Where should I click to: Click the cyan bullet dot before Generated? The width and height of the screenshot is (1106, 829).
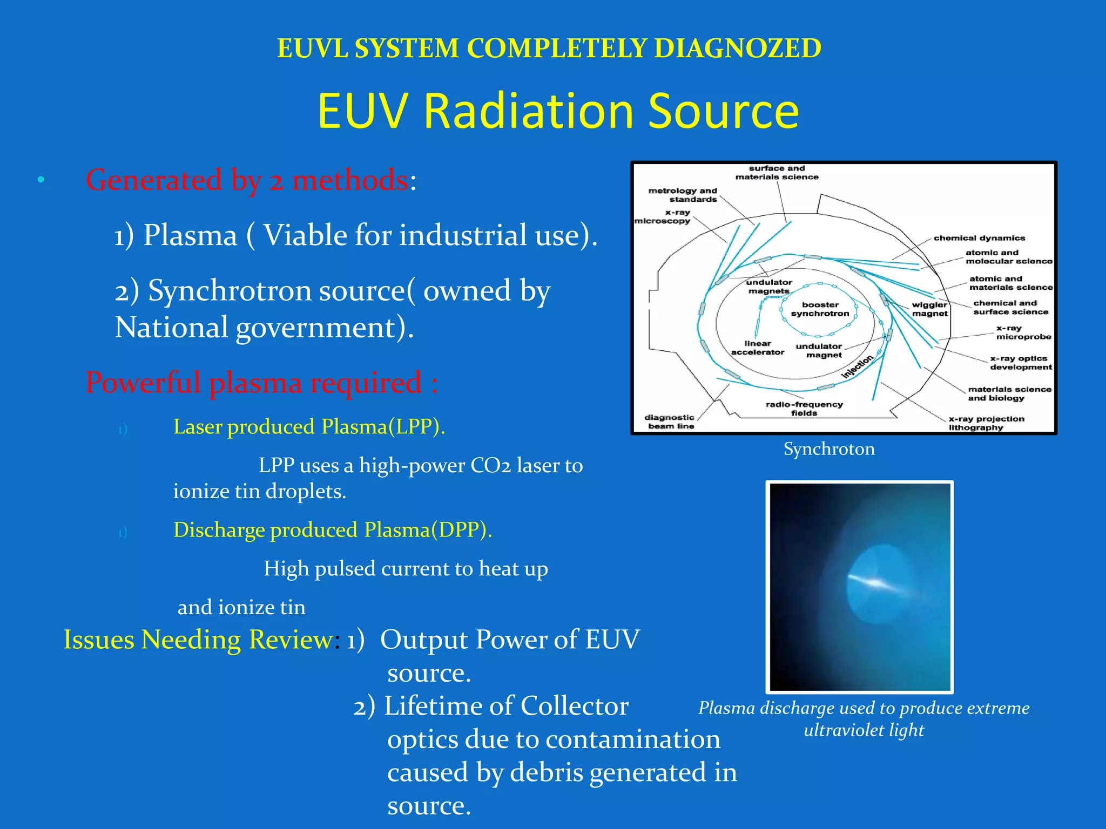coord(41,180)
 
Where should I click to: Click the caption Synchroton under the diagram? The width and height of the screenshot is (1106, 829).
coord(828,449)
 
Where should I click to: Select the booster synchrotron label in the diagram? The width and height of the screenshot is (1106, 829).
coord(820,309)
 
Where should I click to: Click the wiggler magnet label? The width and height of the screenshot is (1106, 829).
coord(929,309)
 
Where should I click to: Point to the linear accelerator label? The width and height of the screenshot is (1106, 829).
coord(757,348)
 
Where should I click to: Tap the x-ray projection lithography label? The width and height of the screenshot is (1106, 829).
coord(986,423)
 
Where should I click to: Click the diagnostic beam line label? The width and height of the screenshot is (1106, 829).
coord(669,422)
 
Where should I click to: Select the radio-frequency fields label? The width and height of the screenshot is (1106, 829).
coord(804,409)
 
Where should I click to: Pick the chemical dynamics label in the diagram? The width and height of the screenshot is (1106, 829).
coord(979,238)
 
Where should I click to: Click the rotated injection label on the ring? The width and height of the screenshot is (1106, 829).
coord(857,366)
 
